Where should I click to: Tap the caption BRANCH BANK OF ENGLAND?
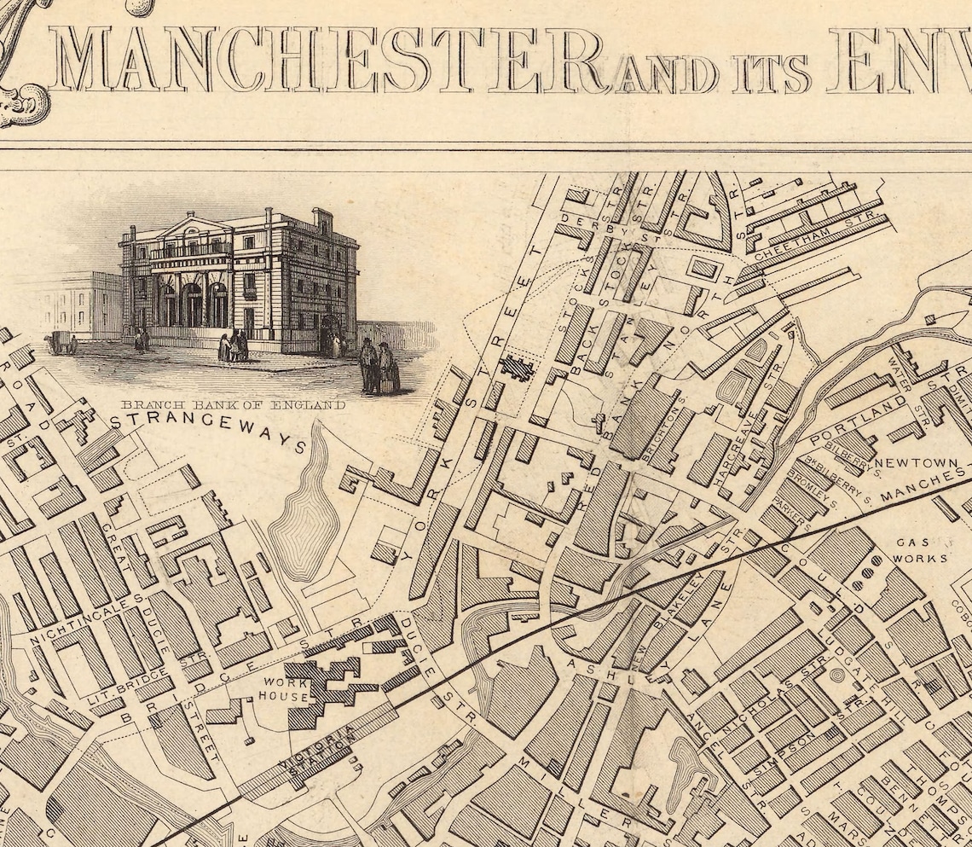click(233, 404)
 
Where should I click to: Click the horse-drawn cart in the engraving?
click(61, 342)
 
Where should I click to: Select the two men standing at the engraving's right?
click(378, 366)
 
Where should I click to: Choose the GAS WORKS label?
click(920, 550)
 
